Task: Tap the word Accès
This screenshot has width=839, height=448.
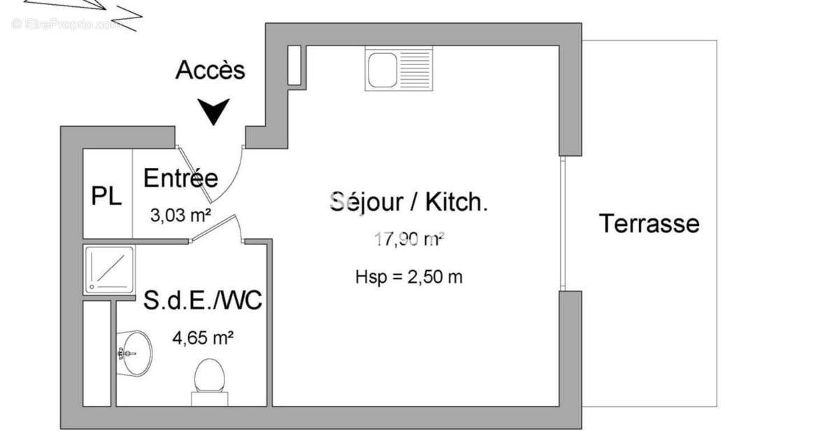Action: pyautogui.click(x=210, y=71)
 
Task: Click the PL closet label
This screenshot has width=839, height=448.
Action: pyautogui.click(x=107, y=196)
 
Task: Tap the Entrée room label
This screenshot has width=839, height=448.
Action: pyautogui.click(x=180, y=178)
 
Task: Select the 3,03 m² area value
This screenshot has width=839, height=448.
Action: pyautogui.click(x=181, y=215)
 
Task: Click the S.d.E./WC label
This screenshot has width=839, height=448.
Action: pyautogui.click(x=203, y=302)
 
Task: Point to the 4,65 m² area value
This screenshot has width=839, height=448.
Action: pyautogui.click(x=203, y=338)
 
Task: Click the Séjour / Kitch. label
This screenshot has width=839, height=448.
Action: pyautogui.click(x=409, y=202)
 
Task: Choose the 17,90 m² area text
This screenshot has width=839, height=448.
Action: pyautogui.click(x=410, y=240)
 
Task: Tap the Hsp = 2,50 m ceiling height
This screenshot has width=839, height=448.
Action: pyautogui.click(x=409, y=276)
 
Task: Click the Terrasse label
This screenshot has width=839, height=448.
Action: pyautogui.click(x=649, y=224)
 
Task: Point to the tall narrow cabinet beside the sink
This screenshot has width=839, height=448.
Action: pyautogui.click(x=294, y=66)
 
